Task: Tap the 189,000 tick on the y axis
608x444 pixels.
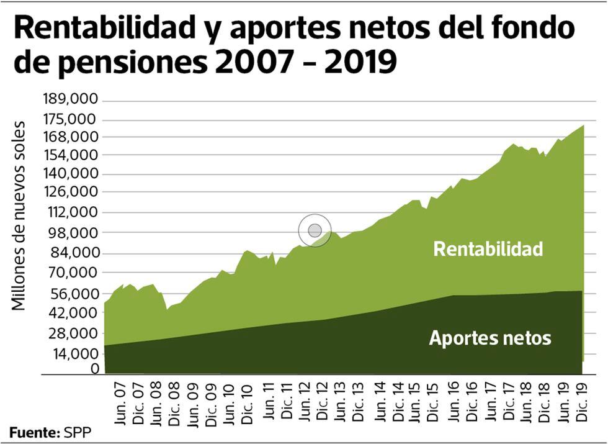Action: click(71, 99)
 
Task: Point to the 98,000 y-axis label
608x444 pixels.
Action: click(74, 232)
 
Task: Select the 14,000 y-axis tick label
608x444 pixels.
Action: click(74, 353)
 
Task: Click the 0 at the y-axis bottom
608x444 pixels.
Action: click(95, 369)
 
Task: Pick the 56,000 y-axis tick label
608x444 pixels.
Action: click(74, 293)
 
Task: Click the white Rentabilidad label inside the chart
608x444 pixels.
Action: click(488, 249)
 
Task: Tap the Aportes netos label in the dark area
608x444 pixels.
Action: click(490, 338)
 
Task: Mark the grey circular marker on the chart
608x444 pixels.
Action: click(315, 231)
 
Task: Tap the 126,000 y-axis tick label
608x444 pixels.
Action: click(71, 191)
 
